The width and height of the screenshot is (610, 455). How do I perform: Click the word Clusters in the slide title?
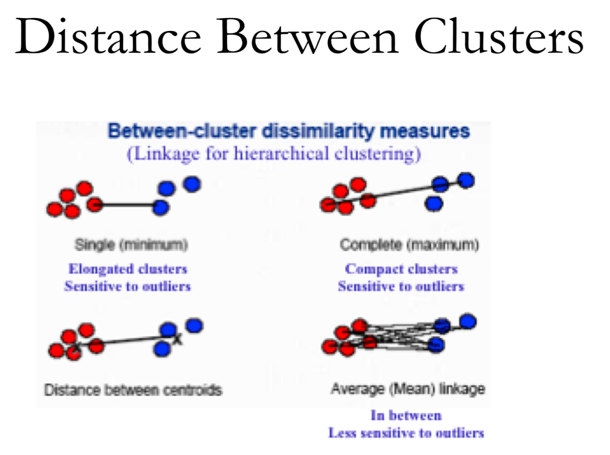coord(498,37)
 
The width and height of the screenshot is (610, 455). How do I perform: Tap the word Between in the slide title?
coord(307,37)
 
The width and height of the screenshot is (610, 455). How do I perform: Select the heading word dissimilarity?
coord(318,131)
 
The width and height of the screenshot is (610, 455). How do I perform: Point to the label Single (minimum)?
coord(131,245)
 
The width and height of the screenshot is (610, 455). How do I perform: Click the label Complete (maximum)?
coord(409,245)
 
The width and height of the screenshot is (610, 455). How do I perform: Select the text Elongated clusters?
coord(128,269)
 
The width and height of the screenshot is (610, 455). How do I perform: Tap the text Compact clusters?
coord(401,269)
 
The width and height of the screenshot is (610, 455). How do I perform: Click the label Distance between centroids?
coord(133,390)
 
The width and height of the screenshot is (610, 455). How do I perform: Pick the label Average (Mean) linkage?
coord(408,389)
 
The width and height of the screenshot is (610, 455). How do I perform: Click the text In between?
coord(406,415)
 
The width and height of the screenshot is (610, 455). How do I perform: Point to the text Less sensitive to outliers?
coord(406,433)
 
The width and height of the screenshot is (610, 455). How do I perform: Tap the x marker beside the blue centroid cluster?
coord(178,340)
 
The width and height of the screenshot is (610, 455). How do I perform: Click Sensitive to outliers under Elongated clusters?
coord(128,287)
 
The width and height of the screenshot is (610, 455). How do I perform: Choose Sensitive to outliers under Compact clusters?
coord(401,287)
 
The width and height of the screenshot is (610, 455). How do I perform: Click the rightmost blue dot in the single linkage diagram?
coord(192,184)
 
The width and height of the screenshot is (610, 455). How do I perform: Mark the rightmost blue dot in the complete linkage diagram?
coord(466,180)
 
